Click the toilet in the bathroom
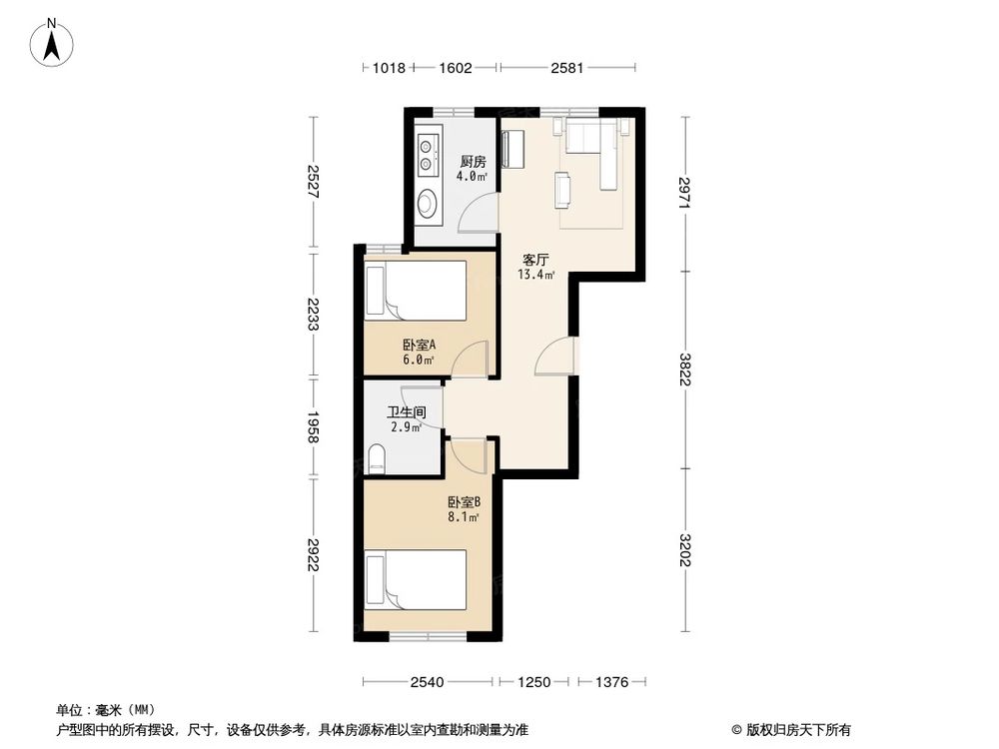(x=378, y=460)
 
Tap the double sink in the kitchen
(x=428, y=153)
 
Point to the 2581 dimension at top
(x=567, y=68)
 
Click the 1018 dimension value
(x=388, y=68)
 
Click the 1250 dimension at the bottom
(x=533, y=682)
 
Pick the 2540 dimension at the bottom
(x=427, y=682)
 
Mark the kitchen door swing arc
(x=478, y=214)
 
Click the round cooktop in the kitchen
(x=429, y=204)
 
